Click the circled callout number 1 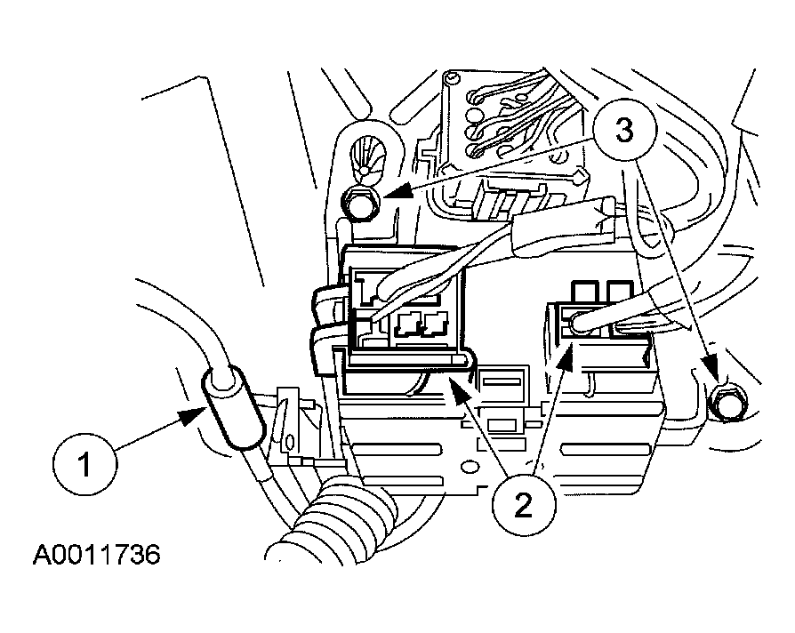click(x=84, y=464)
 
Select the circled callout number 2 click(x=523, y=505)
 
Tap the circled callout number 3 click(x=624, y=130)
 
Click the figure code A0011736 click(x=96, y=555)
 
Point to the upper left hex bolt click(x=359, y=204)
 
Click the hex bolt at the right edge click(x=726, y=403)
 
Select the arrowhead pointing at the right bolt click(x=711, y=368)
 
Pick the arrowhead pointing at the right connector click(x=566, y=356)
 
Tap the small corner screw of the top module click(x=449, y=79)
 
